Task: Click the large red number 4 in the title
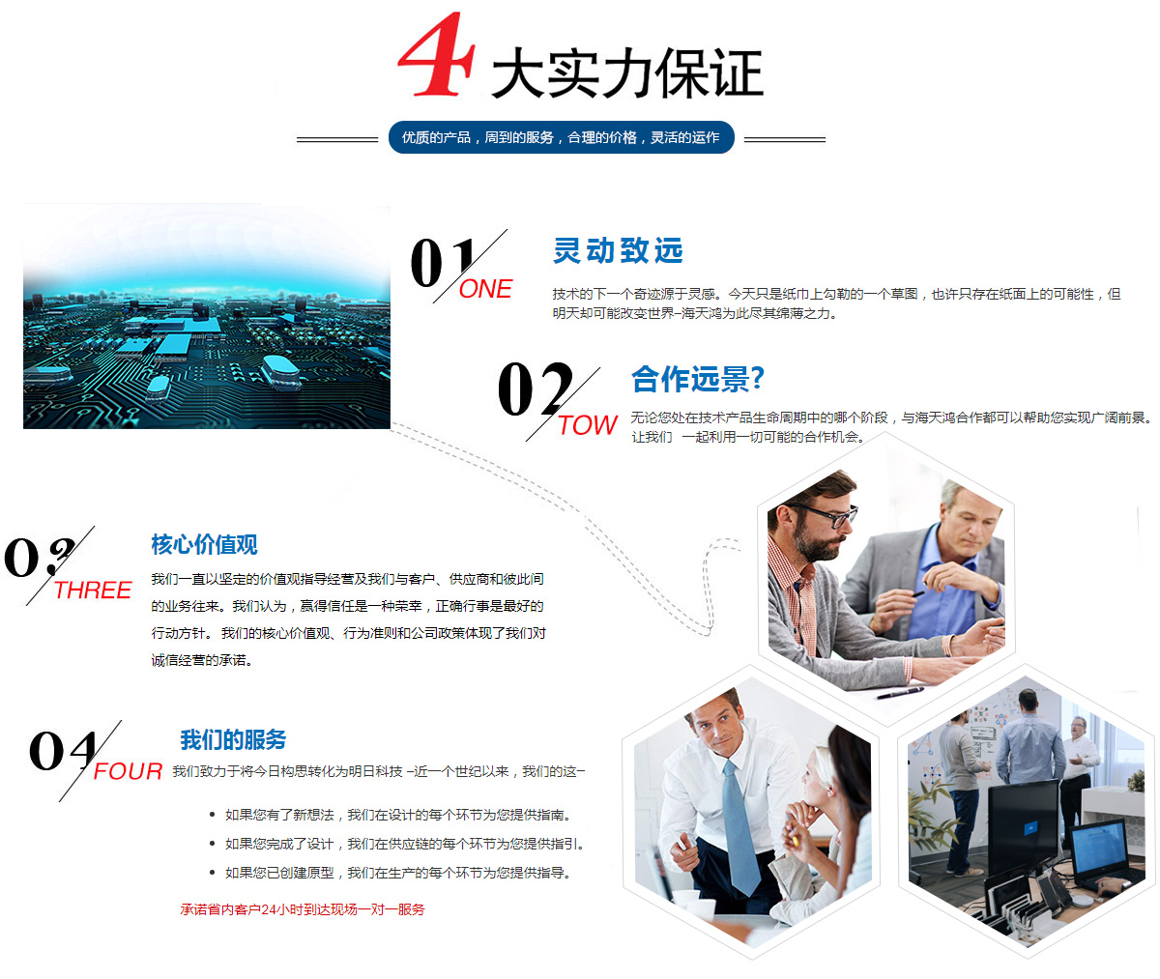click(436, 54)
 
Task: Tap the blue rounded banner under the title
click(561, 137)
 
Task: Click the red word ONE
click(485, 289)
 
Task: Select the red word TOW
click(587, 425)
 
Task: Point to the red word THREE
click(93, 590)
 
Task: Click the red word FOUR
click(128, 771)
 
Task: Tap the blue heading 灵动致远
click(618, 250)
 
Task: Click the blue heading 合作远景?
click(698, 379)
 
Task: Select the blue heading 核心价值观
click(204, 544)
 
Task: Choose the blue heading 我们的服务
click(233, 739)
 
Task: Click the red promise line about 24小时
click(303, 909)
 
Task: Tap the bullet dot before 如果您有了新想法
click(212, 815)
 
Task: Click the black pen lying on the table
click(900, 692)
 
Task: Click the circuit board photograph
click(207, 316)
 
